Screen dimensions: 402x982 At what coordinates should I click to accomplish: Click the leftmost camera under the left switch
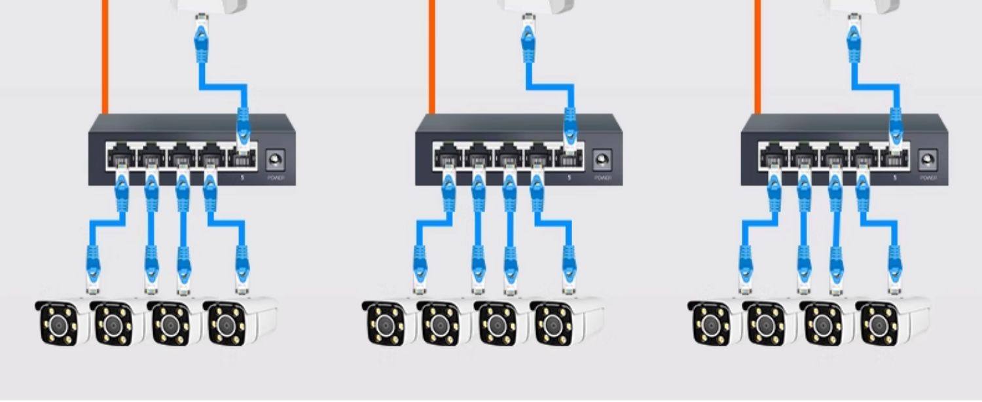(62, 322)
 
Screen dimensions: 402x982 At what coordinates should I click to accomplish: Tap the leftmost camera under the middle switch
(388, 322)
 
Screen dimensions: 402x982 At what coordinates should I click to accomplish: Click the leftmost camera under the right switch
(714, 322)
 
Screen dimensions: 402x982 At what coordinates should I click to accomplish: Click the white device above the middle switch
(536, 6)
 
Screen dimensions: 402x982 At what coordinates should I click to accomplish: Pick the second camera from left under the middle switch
(445, 322)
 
